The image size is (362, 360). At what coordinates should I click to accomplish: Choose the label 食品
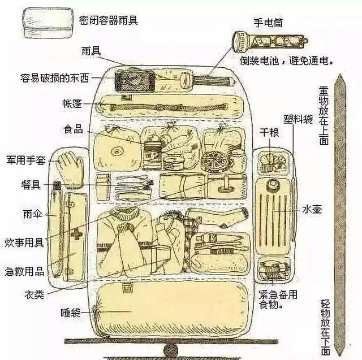[74, 129]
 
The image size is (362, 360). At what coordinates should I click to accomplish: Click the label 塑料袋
[298, 119]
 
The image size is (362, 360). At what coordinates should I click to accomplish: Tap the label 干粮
[269, 133]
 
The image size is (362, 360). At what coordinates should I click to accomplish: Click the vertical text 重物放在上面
[324, 115]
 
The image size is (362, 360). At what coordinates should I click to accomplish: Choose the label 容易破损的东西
[55, 78]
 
